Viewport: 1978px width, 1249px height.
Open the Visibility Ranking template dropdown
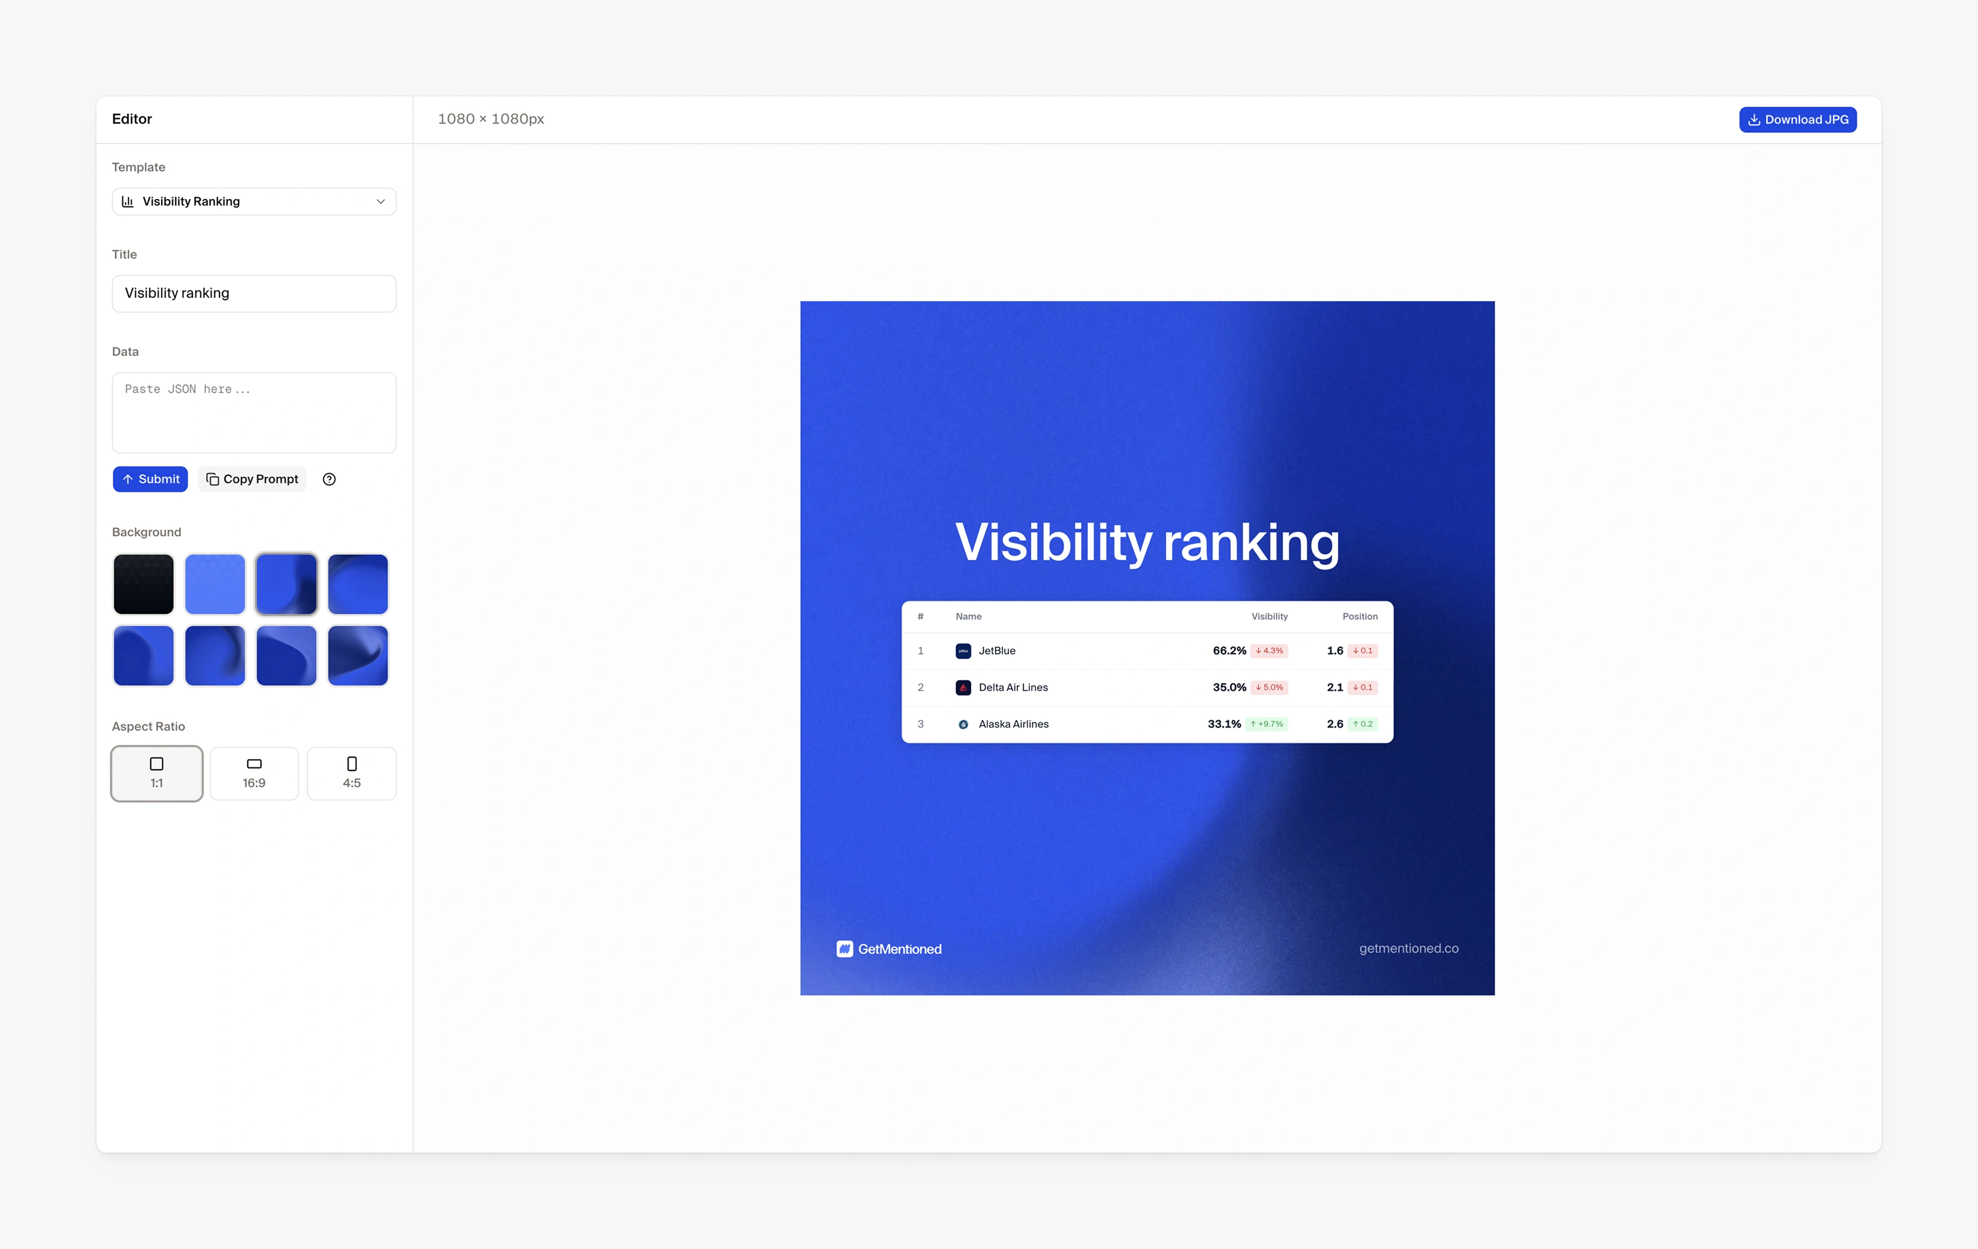coord(254,201)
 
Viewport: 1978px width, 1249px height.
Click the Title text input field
coord(254,293)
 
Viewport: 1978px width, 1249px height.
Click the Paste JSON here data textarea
coord(254,412)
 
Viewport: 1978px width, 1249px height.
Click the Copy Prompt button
coord(252,479)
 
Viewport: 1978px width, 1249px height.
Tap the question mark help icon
coord(329,479)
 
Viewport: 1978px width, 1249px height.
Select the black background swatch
coord(144,584)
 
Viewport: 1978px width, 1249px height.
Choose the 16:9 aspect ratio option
coord(254,773)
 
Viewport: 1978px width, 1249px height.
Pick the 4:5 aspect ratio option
coord(352,773)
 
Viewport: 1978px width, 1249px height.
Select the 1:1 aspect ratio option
coord(157,773)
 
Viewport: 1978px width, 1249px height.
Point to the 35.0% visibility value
coord(1230,687)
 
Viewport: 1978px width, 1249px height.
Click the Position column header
coord(1360,617)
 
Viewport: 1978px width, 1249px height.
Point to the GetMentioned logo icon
coord(844,948)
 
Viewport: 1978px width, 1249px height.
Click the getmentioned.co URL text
coord(1409,948)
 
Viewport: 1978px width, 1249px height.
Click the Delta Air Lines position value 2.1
coord(1335,687)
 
